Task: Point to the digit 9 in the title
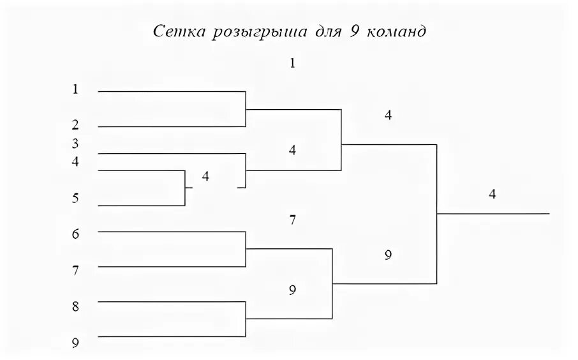353,33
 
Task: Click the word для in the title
326,33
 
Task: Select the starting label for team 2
75,124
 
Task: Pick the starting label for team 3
75,144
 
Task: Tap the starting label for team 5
75,199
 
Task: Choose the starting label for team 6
75,234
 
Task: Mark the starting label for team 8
75,307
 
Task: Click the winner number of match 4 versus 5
205,176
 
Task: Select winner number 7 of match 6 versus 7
292,221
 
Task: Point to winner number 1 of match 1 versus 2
292,63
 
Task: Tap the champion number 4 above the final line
492,195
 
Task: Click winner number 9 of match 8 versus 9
292,290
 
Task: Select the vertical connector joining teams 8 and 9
246,319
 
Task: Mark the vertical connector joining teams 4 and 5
185,188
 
